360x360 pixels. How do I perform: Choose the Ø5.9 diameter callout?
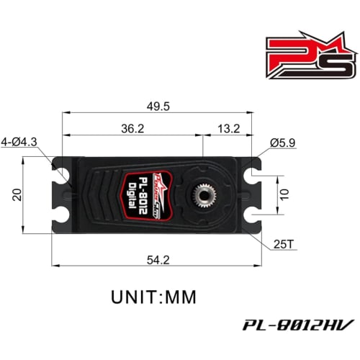284,143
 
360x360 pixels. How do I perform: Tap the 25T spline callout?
284,244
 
